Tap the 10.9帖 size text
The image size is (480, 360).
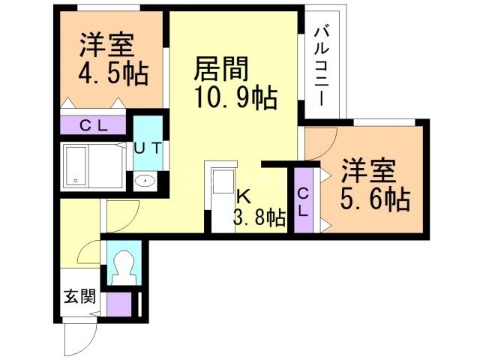pyautogui.click(x=235, y=97)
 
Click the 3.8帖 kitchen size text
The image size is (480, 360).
pyautogui.click(x=259, y=218)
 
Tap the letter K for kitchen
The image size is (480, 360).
pyautogui.click(x=243, y=197)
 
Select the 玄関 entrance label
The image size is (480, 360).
pyautogui.click(x=78, y=296)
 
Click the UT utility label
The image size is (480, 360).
pyautogui.click(x=147, y=148)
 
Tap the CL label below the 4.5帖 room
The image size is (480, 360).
pyautogui.click(x=94, y=125)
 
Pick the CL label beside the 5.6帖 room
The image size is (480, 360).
pyautogui.click(x=303, y=202)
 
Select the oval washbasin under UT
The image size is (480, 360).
pyautogui.click(x=144, y=181)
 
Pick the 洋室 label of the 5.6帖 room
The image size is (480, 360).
pyautogui.click(x=369, y=172)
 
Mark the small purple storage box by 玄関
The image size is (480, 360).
pyautogui.click(x=119, y=303)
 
